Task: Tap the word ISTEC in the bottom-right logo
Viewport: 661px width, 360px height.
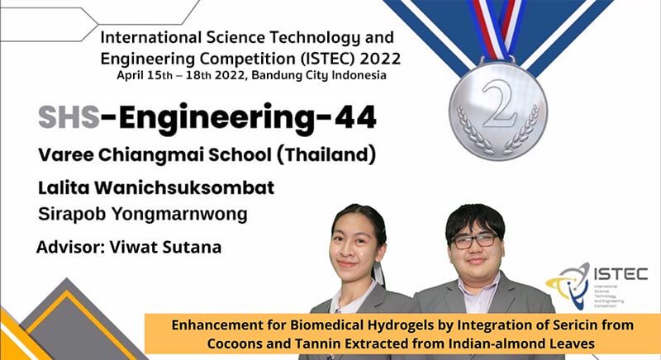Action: (x=621, y=274)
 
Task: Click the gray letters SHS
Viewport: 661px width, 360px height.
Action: (x=69, y=116)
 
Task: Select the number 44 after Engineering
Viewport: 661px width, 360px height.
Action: (x=355, y=116)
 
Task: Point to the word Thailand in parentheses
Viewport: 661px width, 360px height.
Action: (x=326, y=154)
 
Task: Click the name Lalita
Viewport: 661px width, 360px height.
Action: (x=64, y=187)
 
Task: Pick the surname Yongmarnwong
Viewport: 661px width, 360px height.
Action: (x=179, y=215)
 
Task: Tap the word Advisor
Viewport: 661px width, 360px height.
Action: (x=70, y=247)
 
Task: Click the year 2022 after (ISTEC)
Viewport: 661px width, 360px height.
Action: (x=380, y=59)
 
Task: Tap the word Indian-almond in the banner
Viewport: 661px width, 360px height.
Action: (x=497, y=343)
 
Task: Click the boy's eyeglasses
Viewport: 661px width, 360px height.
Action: (x=474, y=240)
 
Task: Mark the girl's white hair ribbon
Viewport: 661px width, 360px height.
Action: (x=378, y=273)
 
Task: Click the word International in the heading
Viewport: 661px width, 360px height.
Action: (x=151, y=37)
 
